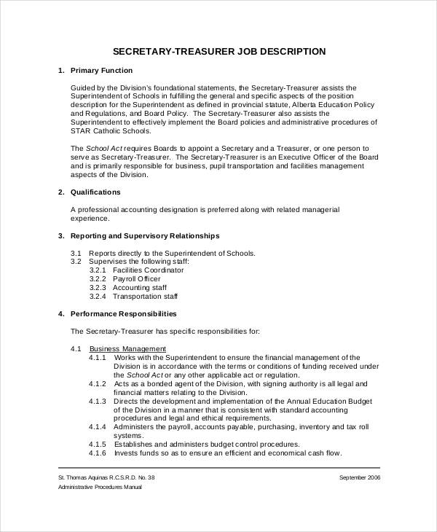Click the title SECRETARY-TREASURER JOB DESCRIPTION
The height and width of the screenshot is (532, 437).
tap(219, 52)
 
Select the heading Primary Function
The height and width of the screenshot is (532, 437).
tap(101, 71)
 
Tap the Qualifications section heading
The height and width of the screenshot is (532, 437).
tap(95, 192)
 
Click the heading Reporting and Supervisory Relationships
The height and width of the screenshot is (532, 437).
tap(144, 236)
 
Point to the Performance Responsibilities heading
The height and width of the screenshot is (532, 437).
tap(123, 314)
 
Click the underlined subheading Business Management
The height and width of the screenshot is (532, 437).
tap(127, 348)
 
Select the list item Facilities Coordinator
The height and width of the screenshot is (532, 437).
tap(148, 270)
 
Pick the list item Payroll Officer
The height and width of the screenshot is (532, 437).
tap(137, 279)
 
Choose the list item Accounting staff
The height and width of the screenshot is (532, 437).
tap(141, 288)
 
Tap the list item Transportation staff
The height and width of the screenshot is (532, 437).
tap(146, 297)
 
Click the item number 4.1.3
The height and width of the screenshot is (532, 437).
tap(98, 401)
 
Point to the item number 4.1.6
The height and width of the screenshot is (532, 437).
tap(98, 453)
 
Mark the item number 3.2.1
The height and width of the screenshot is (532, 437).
tap(98, 270)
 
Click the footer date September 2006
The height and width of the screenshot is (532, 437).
tap(359, 477)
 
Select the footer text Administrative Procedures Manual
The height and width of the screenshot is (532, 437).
tap(100, 487)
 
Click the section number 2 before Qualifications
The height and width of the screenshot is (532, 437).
tap(60, 192)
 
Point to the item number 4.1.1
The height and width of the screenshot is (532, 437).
tap(98, 358)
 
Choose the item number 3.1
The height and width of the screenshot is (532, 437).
tap(76, 253)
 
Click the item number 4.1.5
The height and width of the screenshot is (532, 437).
tap(98, 444)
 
